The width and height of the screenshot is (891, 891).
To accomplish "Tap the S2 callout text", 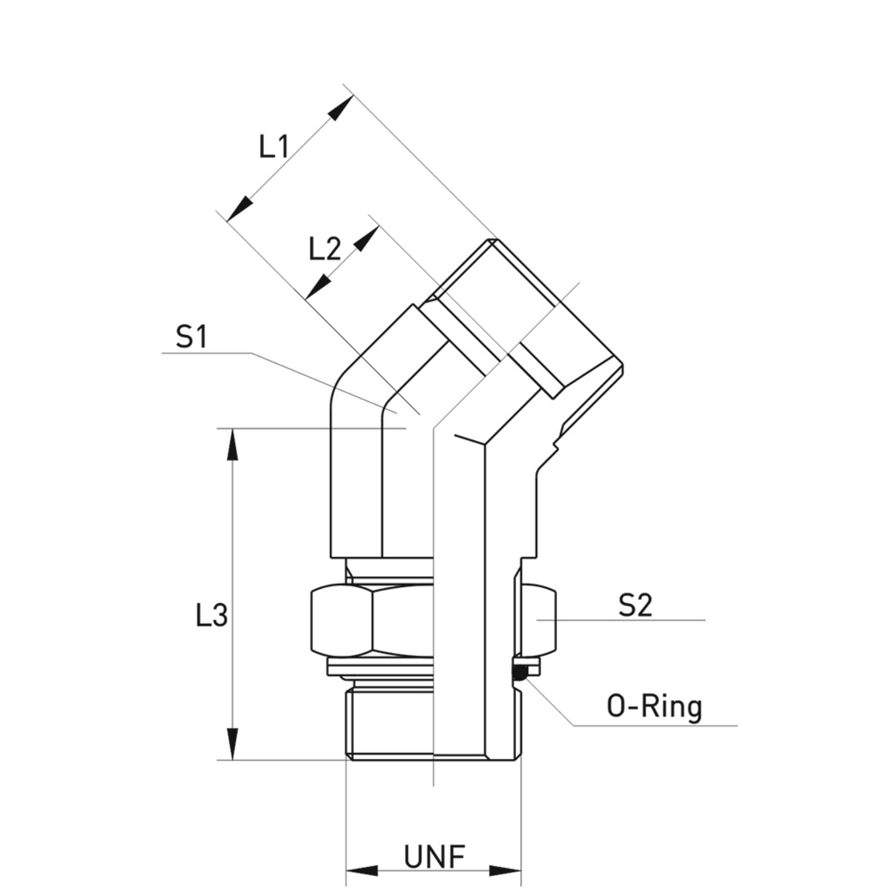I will pyautogui.click(x=635, y=606).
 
